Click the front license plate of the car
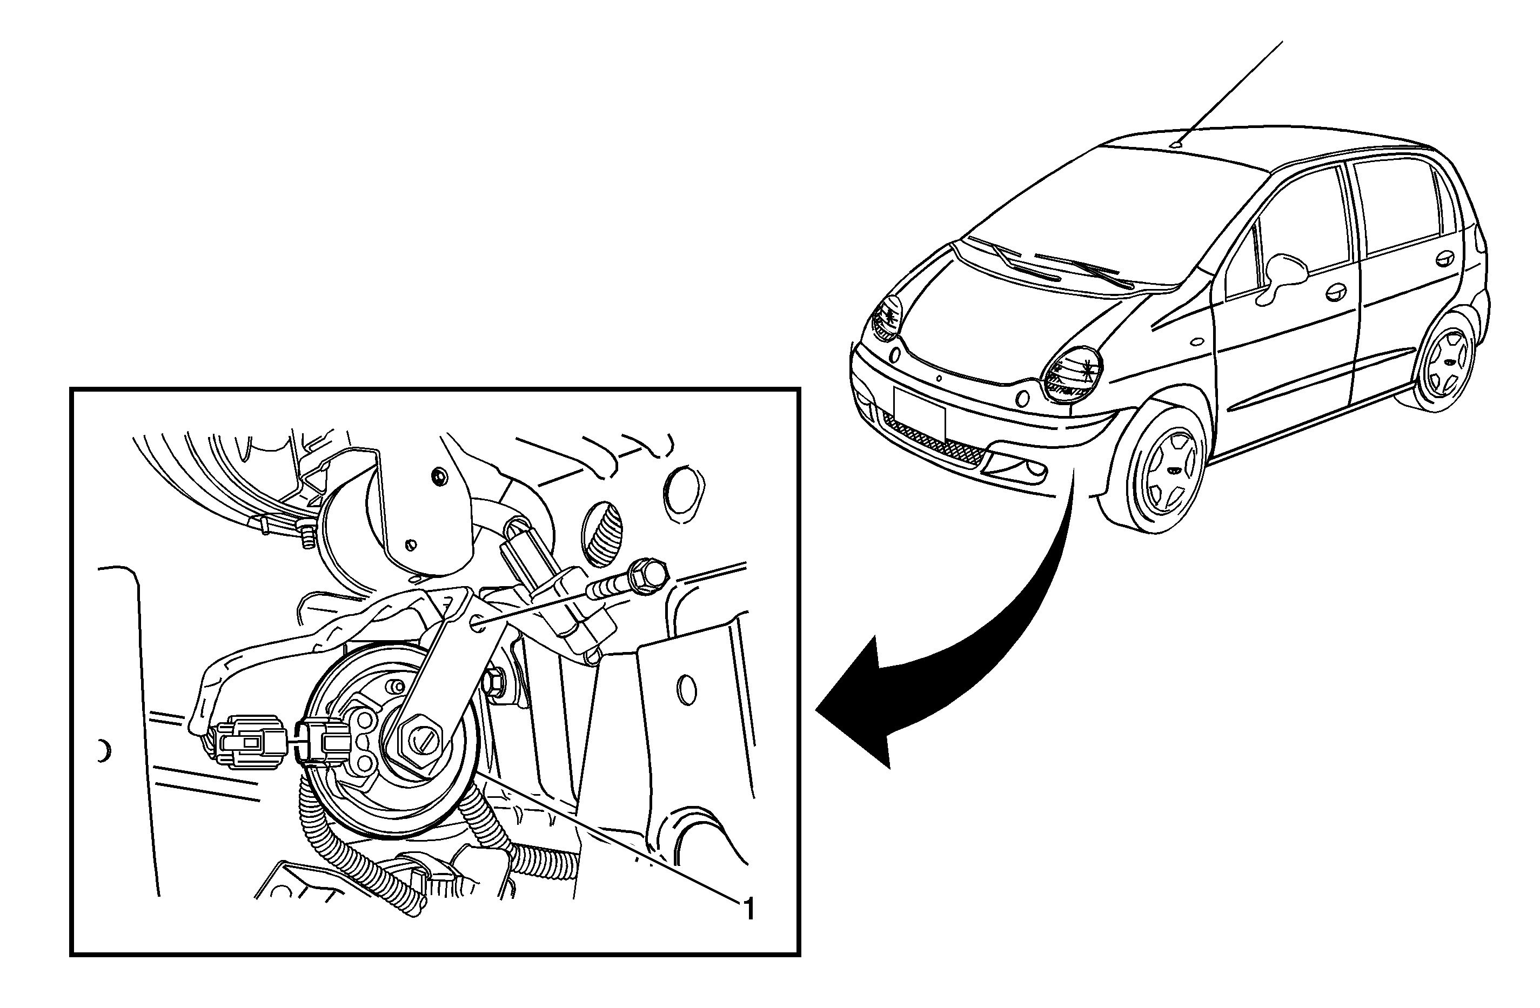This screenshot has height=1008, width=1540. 919,412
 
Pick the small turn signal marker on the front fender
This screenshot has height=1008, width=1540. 1196,341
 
